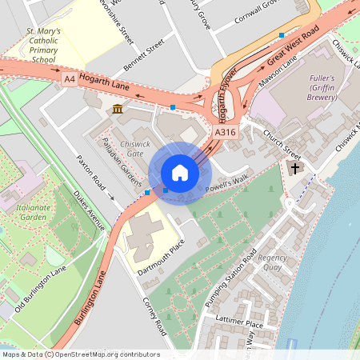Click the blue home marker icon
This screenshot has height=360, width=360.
coord(180,173)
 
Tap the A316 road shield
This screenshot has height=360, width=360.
coord(225,132)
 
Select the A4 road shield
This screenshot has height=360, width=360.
coord(70,80)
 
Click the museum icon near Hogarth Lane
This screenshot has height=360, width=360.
coord(118,109)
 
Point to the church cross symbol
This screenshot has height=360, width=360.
coord(295,168)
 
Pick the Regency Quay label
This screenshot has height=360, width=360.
coord(272,263)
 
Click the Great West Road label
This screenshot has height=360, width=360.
coord(293,45)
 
